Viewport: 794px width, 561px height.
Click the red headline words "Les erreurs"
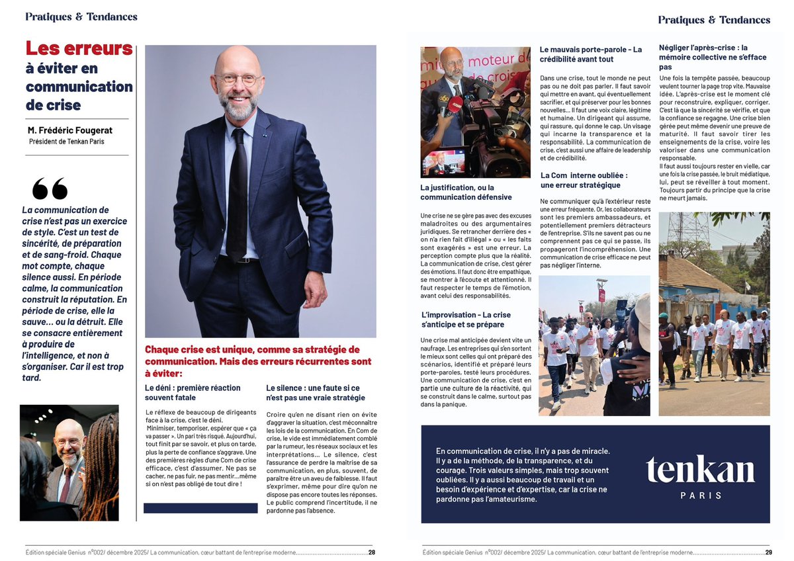[79, 48]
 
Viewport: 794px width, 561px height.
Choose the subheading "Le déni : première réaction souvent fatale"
[193, 392]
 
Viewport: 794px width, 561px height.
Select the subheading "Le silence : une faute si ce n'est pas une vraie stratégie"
[315, 392]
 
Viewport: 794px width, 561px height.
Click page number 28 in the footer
[372, 552]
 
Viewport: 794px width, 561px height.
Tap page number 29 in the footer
[769, 552]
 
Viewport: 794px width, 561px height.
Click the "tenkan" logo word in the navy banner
[701, 470]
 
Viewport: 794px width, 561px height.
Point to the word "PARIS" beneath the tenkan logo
[701, 495]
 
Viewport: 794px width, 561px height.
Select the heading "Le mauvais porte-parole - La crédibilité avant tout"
[590, 54]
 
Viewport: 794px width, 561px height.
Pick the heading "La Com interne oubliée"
[584, 180]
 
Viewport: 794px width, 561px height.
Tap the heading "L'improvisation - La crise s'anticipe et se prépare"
[466, 320]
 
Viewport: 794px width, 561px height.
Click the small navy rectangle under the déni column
[200, 508]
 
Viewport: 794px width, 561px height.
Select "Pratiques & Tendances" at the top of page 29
[714, 20]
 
